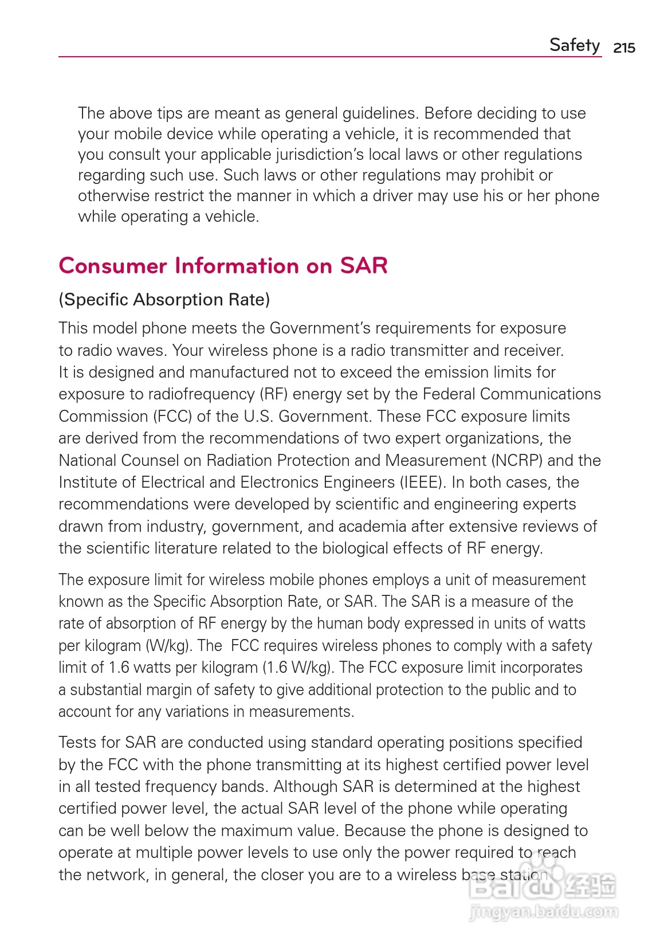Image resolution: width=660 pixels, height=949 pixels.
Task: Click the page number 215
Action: pyautogui.click(x=624, y=48)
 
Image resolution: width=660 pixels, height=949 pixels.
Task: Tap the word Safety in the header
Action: pyautogui.click(x=575, y=45)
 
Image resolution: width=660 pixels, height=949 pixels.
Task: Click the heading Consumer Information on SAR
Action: pyautogui.click(x=223, y=266)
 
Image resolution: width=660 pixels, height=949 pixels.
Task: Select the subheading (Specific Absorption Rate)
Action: pyautogui.click(x=164, y=300)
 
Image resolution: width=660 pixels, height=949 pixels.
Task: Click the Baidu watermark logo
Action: pyautogui.click(x=542, y=887)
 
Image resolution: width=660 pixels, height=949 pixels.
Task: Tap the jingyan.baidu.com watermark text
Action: pyautogui.click(x=543, y=911)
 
